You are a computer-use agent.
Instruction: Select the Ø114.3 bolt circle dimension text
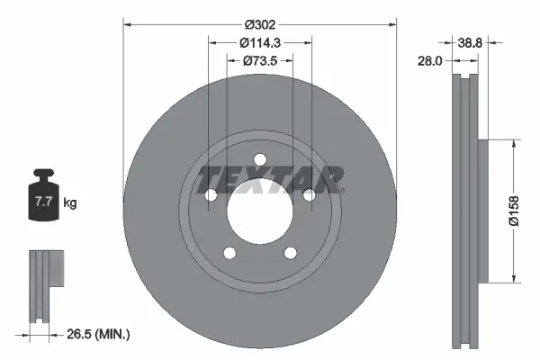260,41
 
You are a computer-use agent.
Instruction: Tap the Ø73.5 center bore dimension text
260,60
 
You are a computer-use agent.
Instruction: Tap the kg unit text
70,204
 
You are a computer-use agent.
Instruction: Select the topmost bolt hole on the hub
259,160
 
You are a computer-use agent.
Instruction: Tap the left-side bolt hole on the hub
211,195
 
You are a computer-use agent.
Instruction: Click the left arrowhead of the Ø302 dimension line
126,24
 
